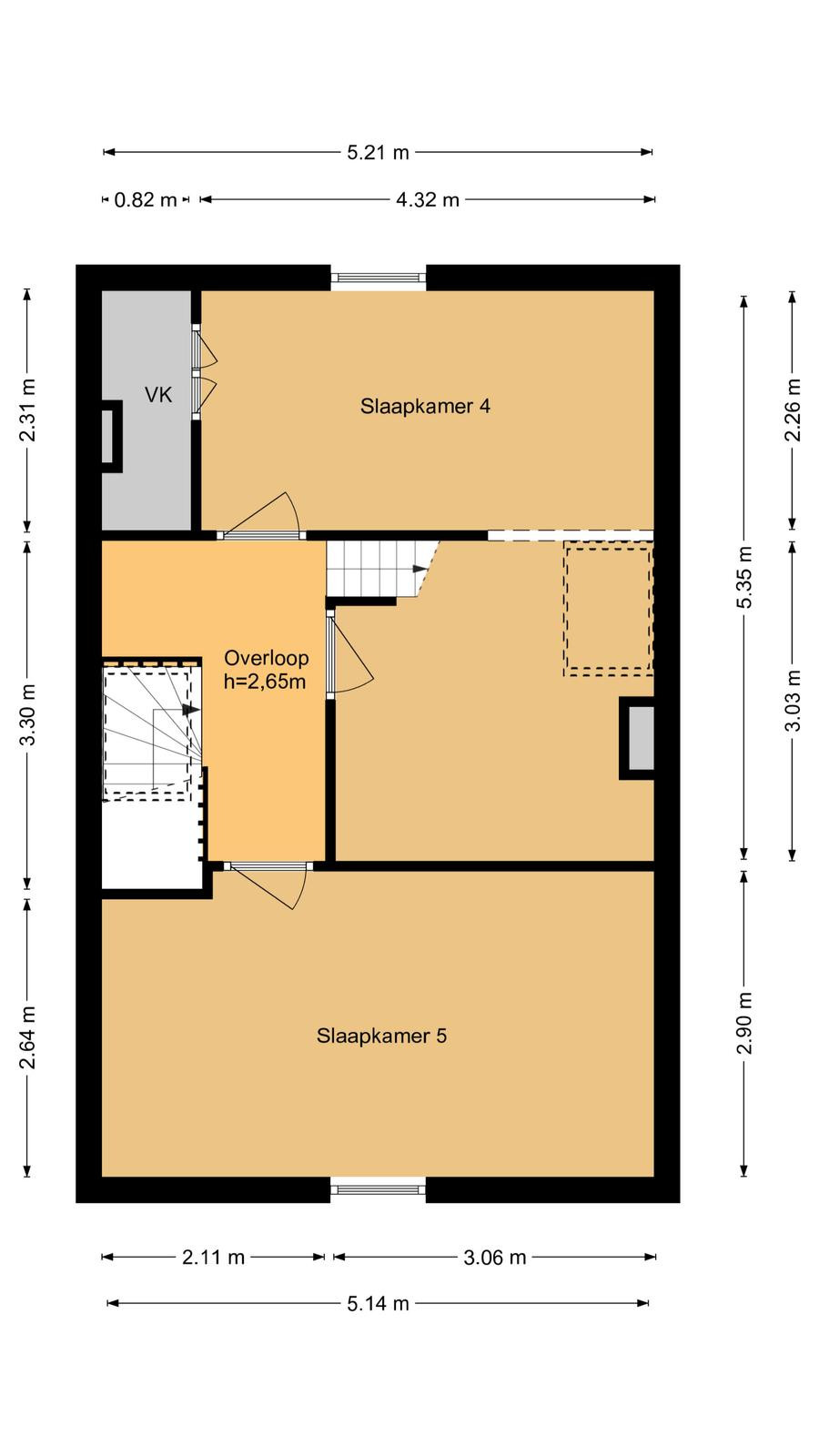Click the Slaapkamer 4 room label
point(425,406)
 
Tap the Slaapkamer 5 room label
point(381,1036)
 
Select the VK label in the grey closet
point(158,395)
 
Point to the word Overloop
point(266,658)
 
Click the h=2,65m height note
point(265,682)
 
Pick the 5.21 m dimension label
point(378,153)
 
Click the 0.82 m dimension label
point(146,199)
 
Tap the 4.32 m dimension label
point(428,199)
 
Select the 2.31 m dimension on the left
point(27,410)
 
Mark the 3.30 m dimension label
point(27,715)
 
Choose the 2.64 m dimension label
point(27,1037)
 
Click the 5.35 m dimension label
point(744,577)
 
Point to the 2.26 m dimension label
point(793,410)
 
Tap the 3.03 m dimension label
point(793,701)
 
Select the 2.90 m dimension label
point(744,1023)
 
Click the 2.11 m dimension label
point(213,1258)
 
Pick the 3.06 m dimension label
point(495,1258)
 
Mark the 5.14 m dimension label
point(378,1303)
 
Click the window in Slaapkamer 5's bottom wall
point(379,1190)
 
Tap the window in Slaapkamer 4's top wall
point(379,278)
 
